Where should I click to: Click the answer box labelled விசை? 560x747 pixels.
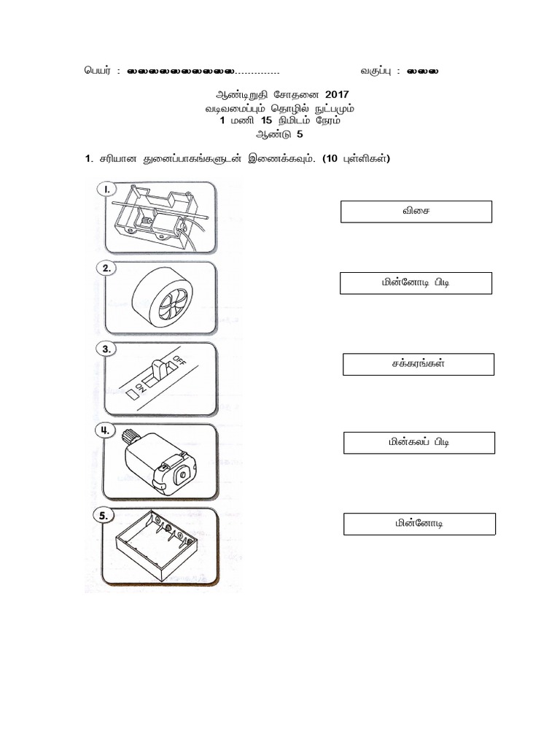coord(416,212)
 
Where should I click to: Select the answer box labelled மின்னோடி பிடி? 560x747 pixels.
coord(416,283)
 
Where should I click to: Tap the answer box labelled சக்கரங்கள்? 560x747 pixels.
coord(419,364)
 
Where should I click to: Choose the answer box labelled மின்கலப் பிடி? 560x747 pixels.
coord(419,443)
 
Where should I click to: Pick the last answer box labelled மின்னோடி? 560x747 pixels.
coord(419,524)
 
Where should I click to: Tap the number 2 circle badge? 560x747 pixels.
coord(106,268)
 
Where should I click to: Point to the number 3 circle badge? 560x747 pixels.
coord(106,349)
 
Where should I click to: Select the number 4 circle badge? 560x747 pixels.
coord(106,430)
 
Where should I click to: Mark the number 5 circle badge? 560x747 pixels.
coord(106,515)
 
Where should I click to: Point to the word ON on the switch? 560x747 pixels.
coord(142,386)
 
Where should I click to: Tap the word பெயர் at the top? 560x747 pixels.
coord(97,71)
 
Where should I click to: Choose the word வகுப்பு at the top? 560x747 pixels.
coord(376,71)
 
